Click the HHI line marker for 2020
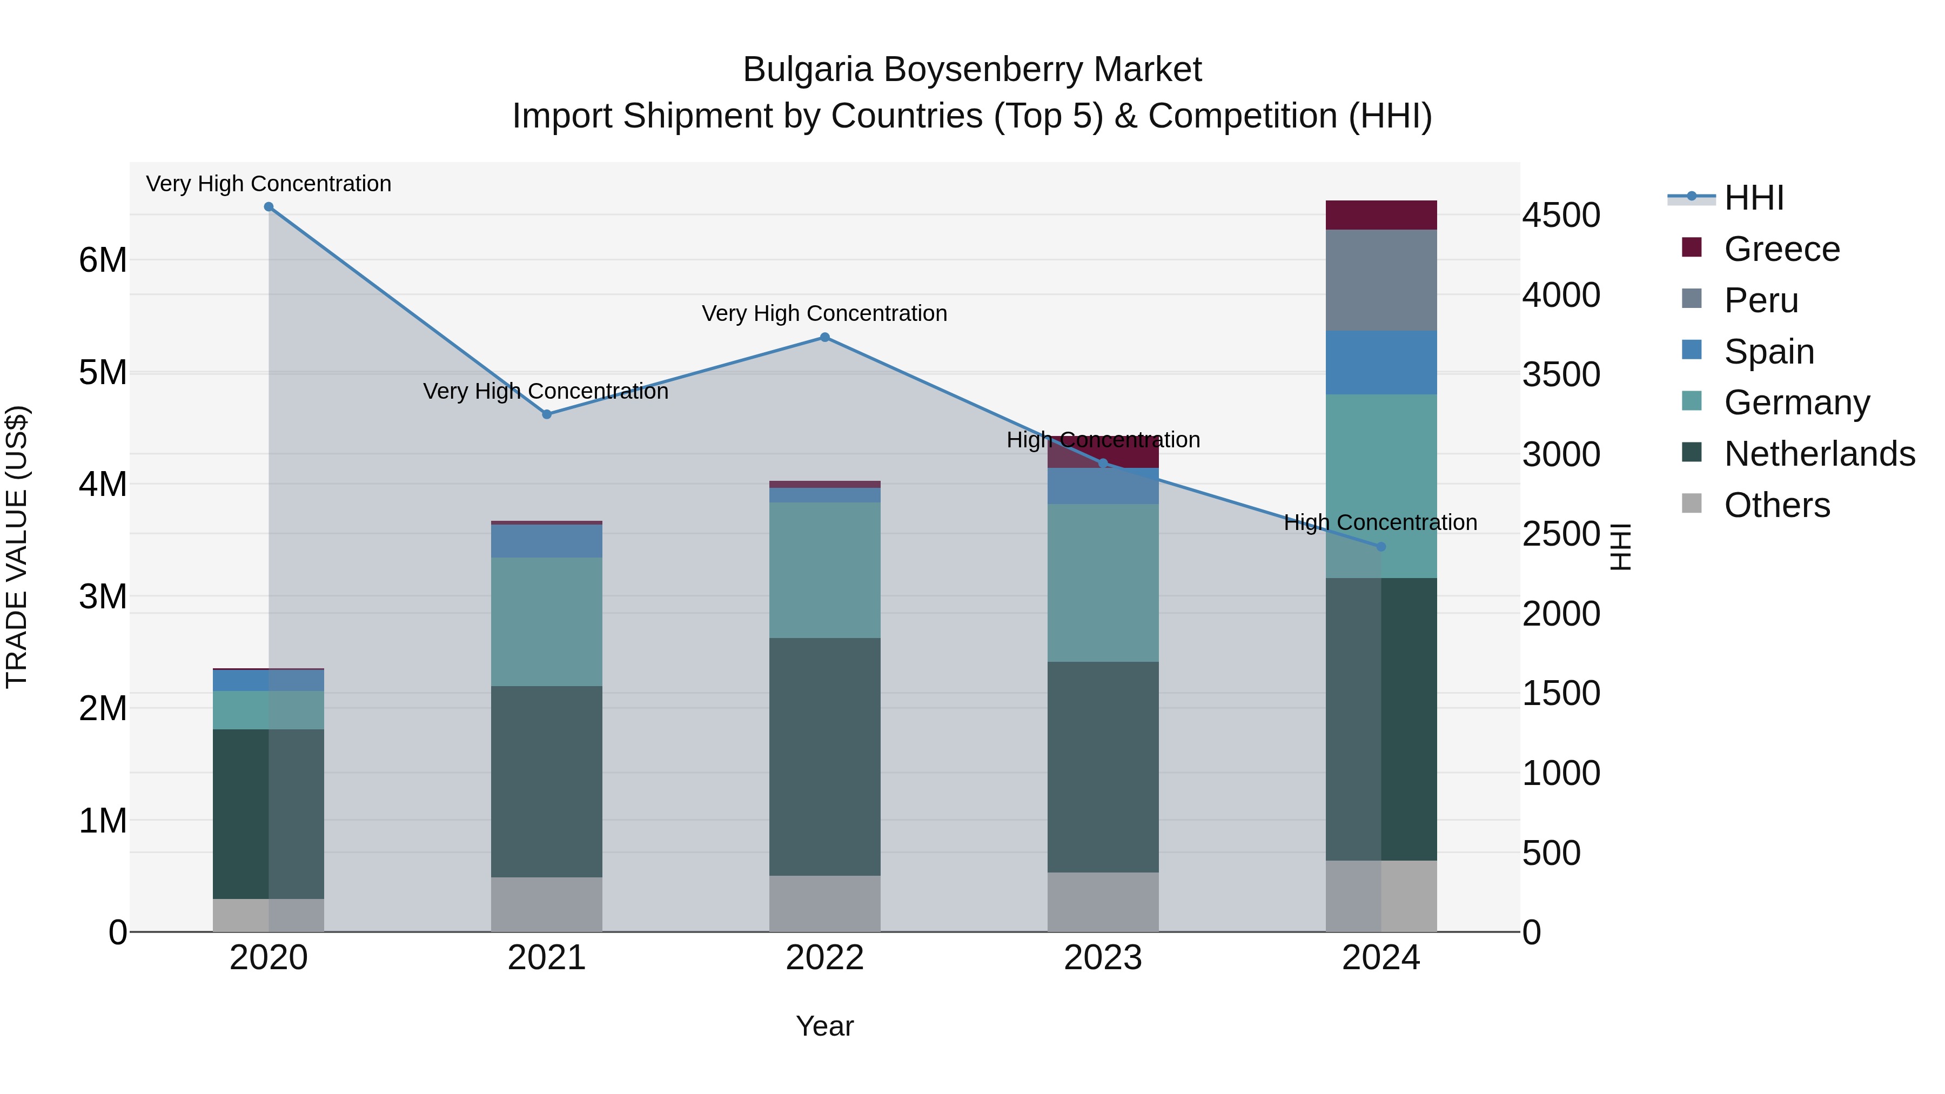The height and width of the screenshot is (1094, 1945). coord(269,207)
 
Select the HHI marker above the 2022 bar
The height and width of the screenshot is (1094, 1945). coord(824,338)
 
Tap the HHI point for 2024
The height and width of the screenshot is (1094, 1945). coord(1381,547)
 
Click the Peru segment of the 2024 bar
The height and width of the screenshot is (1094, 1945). coord(1381,280)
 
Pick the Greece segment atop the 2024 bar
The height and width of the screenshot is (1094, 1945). coord(1381,215)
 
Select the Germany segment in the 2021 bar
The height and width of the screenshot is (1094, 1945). coord(547,621)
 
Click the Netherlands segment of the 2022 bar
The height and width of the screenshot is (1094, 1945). coord(824,756)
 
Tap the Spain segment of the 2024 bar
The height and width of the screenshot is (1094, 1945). coord(1381,363)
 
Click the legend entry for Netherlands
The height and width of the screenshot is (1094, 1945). coord(1818,454)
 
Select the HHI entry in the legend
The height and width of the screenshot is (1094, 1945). coord(1753,198)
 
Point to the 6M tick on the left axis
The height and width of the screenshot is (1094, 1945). coord(103,260)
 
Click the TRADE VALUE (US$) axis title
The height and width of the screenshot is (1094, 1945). coord(17,547)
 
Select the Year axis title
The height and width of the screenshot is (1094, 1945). coord(824,1026)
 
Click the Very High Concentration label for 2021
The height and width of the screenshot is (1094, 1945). coord(545,391)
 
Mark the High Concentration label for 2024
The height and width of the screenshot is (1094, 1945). coord(1380,522)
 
